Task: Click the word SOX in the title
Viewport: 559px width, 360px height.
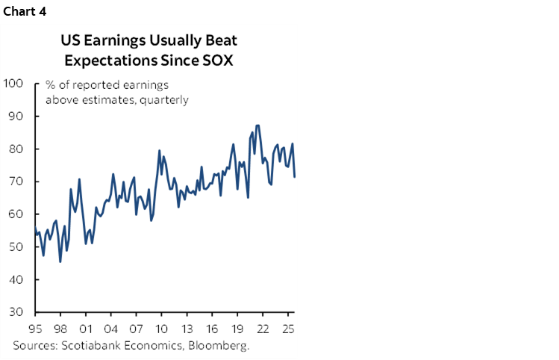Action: [x=216, y=60]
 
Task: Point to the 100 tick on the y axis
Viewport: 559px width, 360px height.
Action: [x=14, y=84]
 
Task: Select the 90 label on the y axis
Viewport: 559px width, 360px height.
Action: [x=17, y=117]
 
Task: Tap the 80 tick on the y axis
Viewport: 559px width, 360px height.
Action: [x=17, y=149]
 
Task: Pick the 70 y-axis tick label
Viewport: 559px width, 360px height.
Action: [x=17, y=181]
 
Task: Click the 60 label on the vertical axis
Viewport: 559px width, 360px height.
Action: [x=17, y=214]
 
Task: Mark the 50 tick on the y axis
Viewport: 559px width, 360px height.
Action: [x=17, y=247]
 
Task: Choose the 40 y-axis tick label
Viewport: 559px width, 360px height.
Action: [x=17, y=279]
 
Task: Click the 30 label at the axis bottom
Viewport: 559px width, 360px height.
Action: [x=17, y=312]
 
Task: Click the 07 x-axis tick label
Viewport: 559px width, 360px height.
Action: [x=136, y=329]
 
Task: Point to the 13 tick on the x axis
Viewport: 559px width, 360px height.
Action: [x=187, y=329]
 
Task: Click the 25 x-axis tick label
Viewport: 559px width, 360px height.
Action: [x=287, y=329]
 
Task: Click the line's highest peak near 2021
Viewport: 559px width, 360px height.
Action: [x=257, y=125]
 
